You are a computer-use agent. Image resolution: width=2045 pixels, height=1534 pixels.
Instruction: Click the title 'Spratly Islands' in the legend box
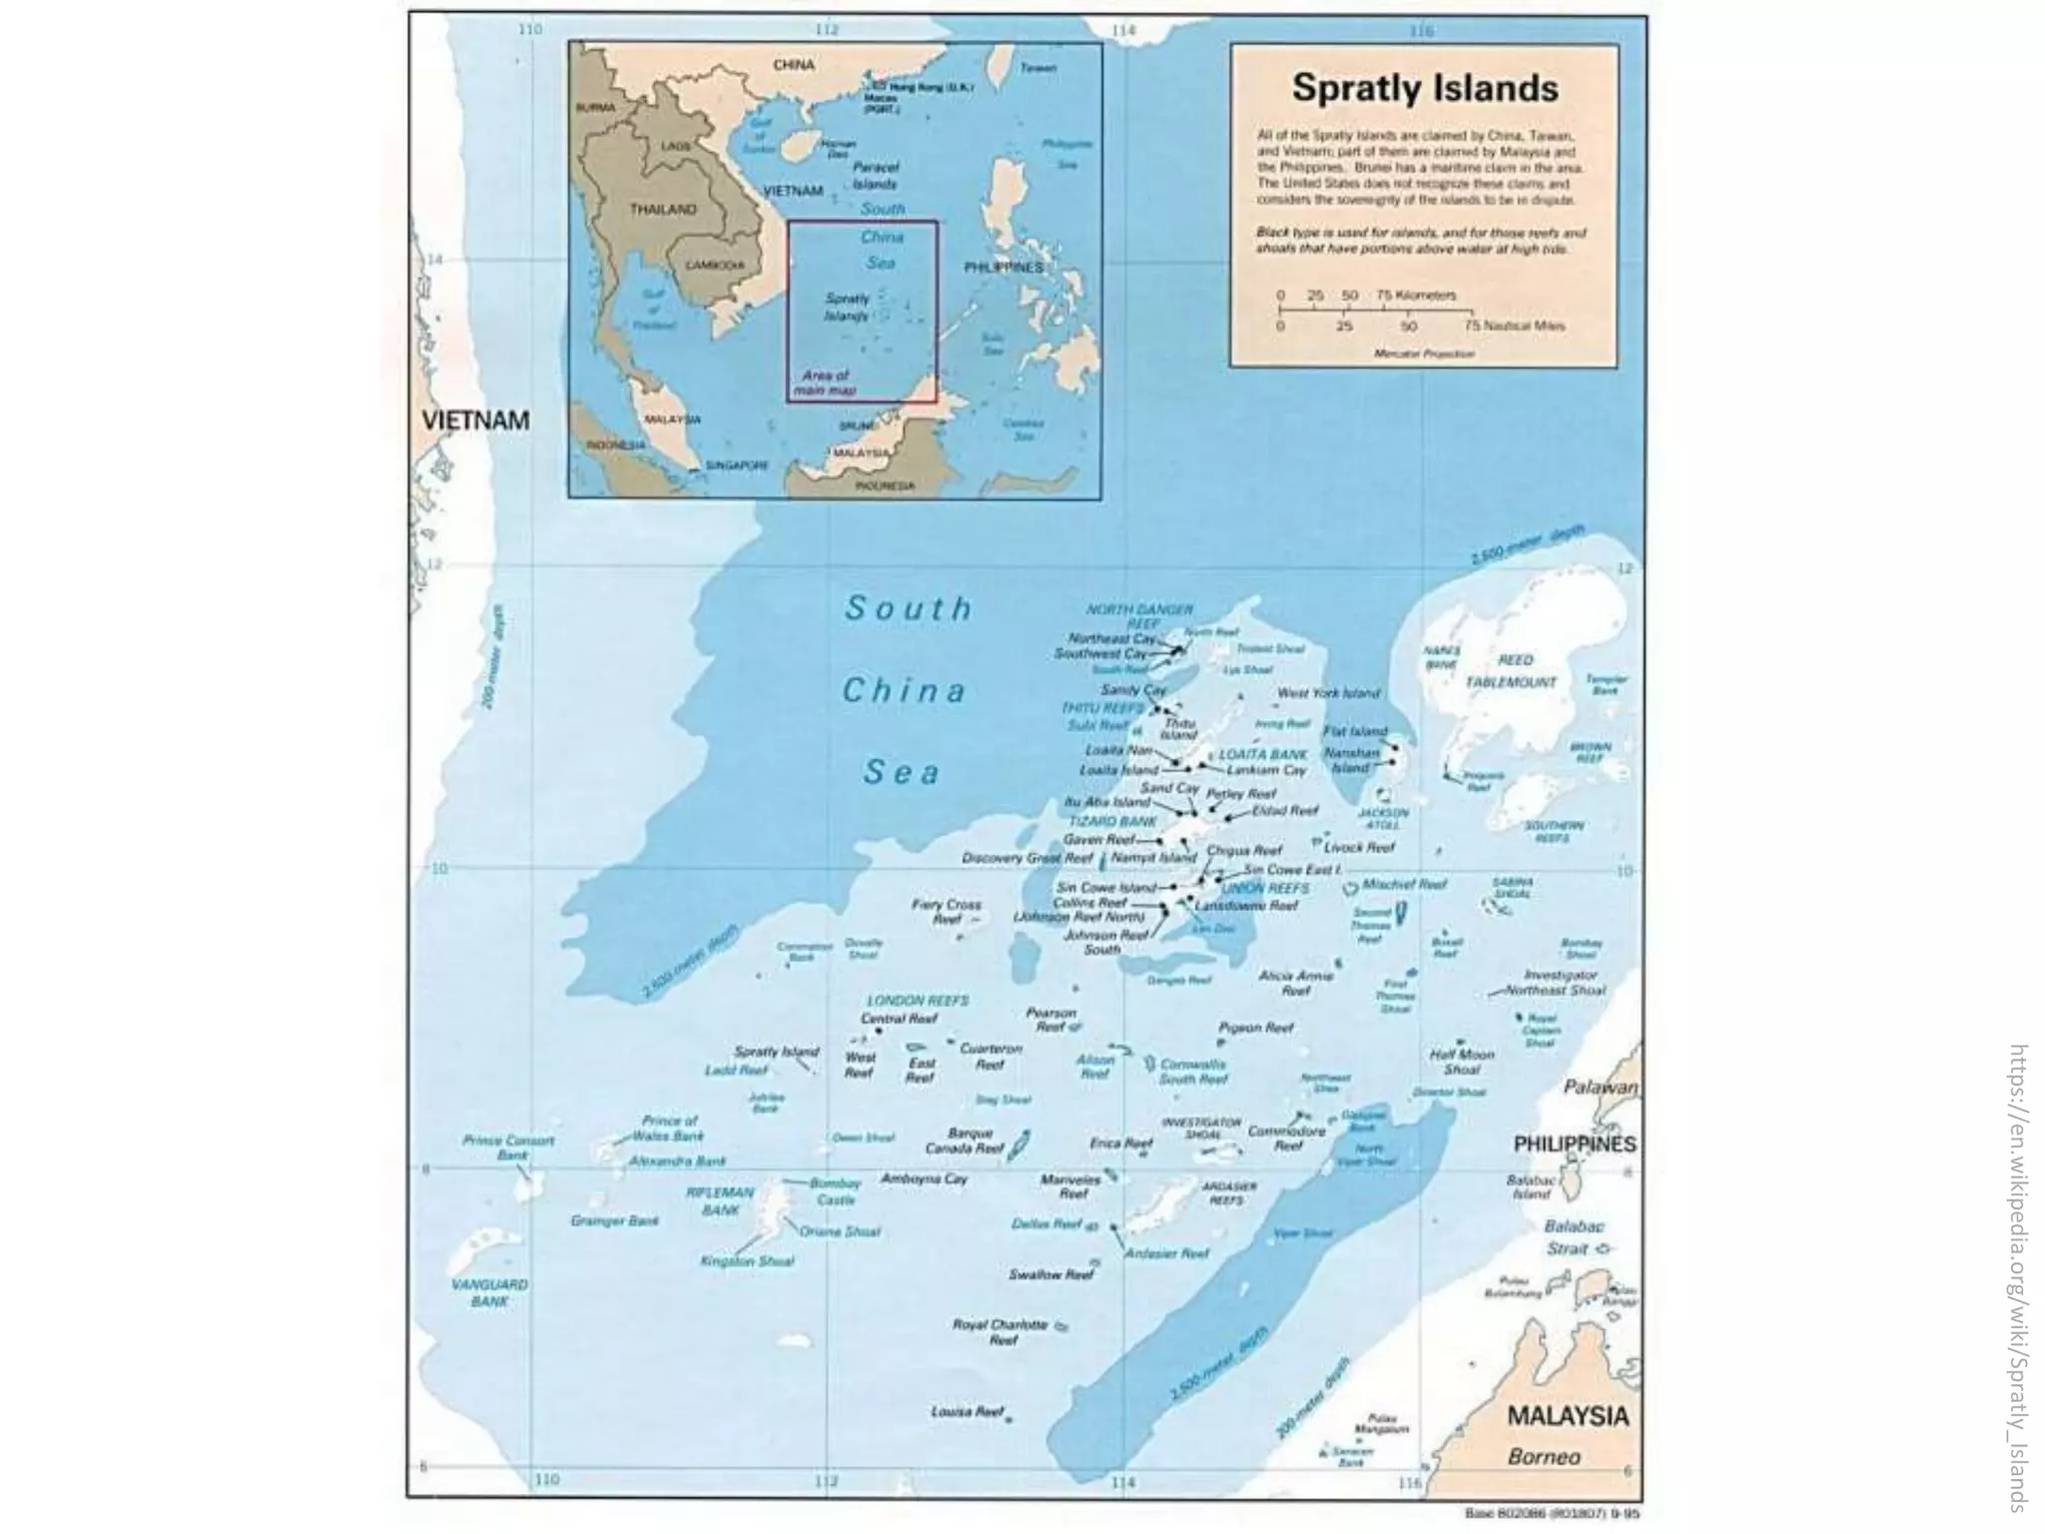[x=1425, y=88]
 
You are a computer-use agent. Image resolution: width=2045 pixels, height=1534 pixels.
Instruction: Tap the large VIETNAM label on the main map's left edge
[x=474, y=419]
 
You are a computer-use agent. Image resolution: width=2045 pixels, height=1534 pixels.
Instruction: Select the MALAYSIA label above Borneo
[x=1567, y=1415]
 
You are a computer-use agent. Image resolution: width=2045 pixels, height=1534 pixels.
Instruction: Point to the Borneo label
[x=1544, y=1456]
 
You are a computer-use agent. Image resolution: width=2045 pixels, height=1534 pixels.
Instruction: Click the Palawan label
[x=1601, y=1087]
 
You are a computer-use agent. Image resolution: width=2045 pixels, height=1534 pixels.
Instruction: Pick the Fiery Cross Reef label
[x=946, y=911]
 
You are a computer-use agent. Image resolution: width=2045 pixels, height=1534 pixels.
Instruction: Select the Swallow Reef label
[x=1051, y=1274]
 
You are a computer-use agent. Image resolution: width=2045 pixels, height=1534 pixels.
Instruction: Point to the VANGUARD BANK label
[x=489, y=1292]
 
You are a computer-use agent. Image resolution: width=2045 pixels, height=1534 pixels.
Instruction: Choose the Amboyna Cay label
[x=924, y=1178]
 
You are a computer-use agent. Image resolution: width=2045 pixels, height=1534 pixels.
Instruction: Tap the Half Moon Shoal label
[x=1462, y=1062]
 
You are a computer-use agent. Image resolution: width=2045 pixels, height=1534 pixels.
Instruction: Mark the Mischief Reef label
[x=1404, y=885]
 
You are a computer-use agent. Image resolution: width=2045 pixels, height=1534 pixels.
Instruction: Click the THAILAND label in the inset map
[x=662, y=210]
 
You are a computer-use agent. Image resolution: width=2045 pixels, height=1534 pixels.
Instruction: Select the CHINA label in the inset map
[x=794, y=65]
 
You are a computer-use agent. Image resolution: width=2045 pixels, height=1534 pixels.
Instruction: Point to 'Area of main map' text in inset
[x=825, y=383]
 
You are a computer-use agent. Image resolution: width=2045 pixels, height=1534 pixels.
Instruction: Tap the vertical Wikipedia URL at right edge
[x=2017, y=1277]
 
